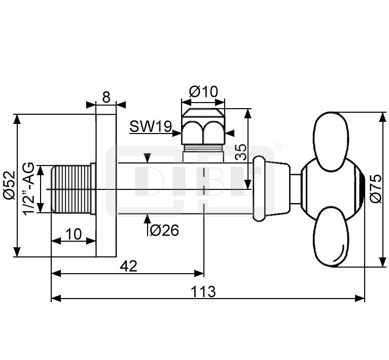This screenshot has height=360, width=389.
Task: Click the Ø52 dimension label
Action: [9, 186]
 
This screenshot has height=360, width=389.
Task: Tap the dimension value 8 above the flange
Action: [106, 97]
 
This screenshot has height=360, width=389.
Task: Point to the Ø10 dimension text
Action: [203, 91]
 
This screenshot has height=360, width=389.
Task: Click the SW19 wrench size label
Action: [151, 126]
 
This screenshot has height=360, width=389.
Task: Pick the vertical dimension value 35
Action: [241, 152]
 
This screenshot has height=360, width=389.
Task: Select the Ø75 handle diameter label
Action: [376, 188]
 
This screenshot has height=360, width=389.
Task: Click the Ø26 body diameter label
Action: [164, 230]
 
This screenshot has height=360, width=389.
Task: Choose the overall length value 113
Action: [203, 291]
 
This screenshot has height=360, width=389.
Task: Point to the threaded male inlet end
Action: [70, 189]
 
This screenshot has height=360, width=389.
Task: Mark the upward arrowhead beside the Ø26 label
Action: [147, 219]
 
